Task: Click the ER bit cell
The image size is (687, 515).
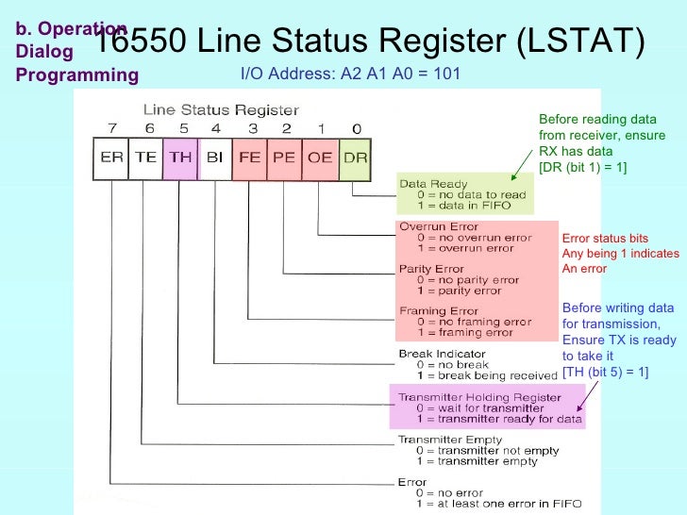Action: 111,158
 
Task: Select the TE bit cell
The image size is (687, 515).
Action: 145,158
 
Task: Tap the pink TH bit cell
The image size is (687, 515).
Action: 179,158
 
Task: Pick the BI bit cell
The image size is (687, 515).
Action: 214,158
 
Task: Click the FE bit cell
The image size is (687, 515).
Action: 249,158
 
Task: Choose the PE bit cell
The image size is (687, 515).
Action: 284,158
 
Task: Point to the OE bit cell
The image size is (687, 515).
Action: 320,158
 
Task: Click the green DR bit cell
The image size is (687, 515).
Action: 355,158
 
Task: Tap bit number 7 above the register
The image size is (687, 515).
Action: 111,128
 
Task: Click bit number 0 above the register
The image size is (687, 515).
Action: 355,128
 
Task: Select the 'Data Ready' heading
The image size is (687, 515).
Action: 433,184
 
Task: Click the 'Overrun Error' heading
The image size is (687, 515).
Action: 439,226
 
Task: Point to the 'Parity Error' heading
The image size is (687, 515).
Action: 431,269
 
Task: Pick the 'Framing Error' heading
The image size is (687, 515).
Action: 438,311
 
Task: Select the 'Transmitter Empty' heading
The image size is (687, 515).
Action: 444,440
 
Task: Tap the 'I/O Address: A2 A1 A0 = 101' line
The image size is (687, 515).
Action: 350,74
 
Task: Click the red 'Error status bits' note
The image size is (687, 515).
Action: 605,239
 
